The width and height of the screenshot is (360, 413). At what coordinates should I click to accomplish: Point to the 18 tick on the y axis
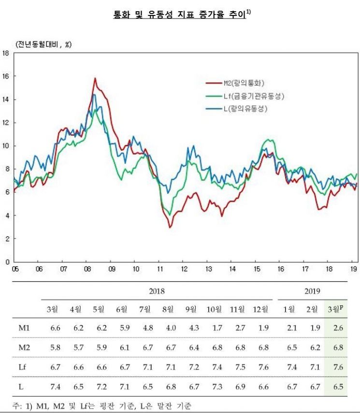coord(6,53)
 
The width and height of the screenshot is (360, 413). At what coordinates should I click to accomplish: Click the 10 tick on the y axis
coord(6,146)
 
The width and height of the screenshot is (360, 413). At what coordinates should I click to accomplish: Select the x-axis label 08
coord(87,269)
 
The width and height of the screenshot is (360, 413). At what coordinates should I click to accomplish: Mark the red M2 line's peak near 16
coord(95,78)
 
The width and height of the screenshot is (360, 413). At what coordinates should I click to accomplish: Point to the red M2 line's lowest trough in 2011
coord(170,227)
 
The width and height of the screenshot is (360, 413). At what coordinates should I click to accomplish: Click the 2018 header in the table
coord(157,291)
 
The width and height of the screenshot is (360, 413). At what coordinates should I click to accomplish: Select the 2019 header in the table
coord(312,291)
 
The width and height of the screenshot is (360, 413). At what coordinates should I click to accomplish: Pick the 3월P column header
coord(335,309)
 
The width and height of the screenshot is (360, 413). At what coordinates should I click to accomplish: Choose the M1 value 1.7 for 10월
coord(214,329)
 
